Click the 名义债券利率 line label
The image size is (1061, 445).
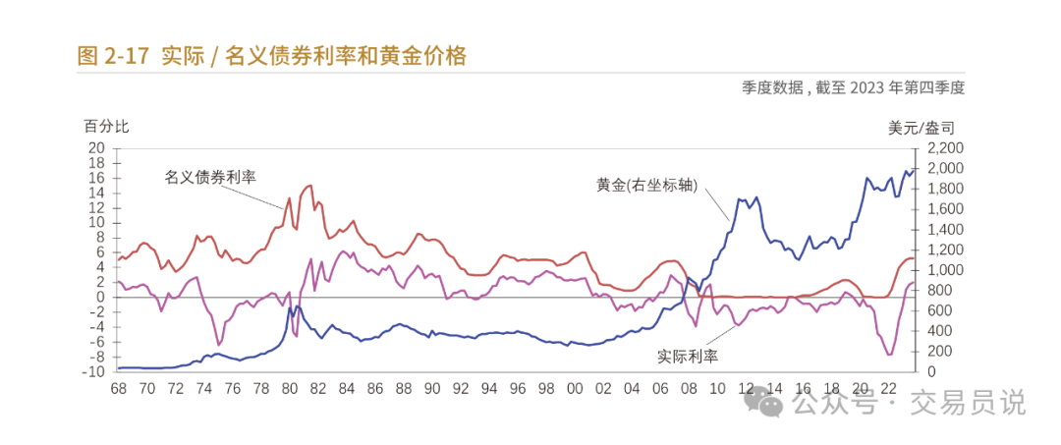[209, 177]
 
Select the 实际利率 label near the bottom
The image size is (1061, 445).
[687, 356]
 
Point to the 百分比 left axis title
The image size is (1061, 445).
[105, 127]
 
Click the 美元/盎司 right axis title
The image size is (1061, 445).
[921, 127]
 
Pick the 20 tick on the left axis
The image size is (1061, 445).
[97, 148]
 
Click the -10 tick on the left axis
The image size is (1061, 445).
[94, 371]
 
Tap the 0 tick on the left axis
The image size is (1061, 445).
[101, 297]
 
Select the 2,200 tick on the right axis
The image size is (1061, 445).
[938, 148]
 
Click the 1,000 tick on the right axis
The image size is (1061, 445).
[938, 270]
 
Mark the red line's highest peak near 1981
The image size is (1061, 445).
[309, 185]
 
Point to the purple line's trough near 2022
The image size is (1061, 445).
[889, 355]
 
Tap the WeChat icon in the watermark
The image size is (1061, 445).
[764, 402]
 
